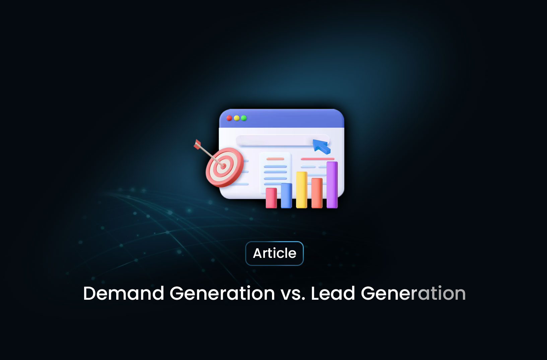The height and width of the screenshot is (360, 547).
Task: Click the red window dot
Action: [x=229, y=118]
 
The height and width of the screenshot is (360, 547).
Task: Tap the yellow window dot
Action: [x=236, y=118]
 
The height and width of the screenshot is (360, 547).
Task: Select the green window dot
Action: [x=244, y=118]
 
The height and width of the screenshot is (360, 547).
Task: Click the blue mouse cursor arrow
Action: [x=321, y=146]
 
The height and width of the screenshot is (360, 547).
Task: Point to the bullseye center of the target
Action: [x=223, y=166]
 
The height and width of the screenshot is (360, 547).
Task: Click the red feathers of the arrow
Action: [x=197, y=144]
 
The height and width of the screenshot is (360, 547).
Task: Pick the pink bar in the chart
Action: [x=271, y=198]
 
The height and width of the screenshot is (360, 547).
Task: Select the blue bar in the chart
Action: [x=286, y=196]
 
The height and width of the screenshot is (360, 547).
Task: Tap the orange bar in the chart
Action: [x=317, y=193]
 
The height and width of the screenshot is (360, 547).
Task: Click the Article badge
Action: [x=274, y=254]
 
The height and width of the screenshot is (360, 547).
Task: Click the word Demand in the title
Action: [x=124, y=293]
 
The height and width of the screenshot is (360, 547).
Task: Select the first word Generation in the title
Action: [x=222, y=293]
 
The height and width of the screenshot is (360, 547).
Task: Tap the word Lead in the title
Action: [x=333, y=293]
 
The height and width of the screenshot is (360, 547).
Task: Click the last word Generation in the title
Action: [x=413, y=293]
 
